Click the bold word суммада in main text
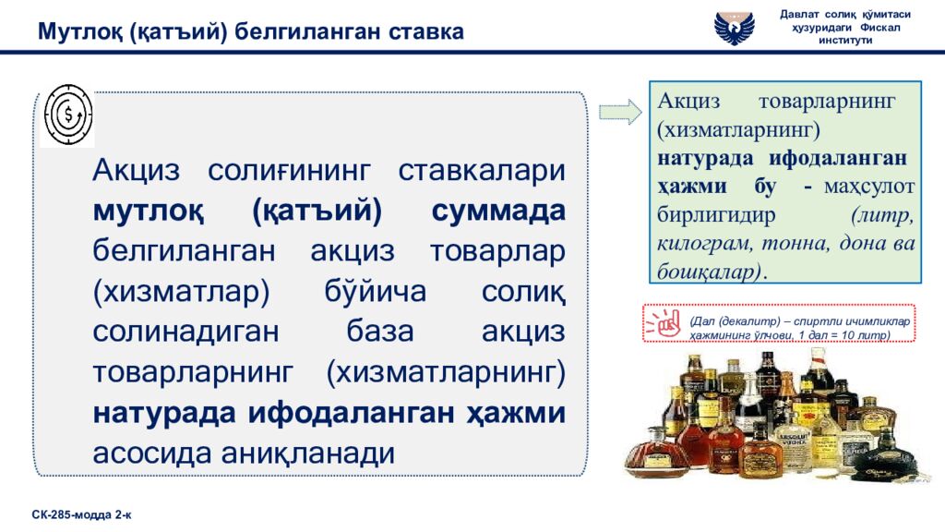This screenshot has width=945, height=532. pyautogui.click(x=497, y=210)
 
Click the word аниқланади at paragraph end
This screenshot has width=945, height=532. pyautogui.click(x=307, y=453)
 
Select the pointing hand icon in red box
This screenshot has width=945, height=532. pyautogui.click(x=663, y=323)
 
